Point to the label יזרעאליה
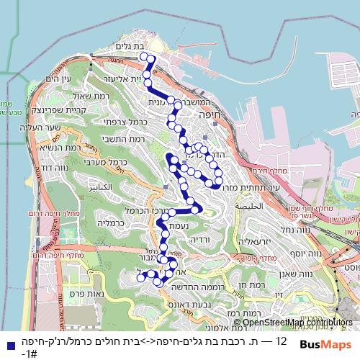click(254, 241)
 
